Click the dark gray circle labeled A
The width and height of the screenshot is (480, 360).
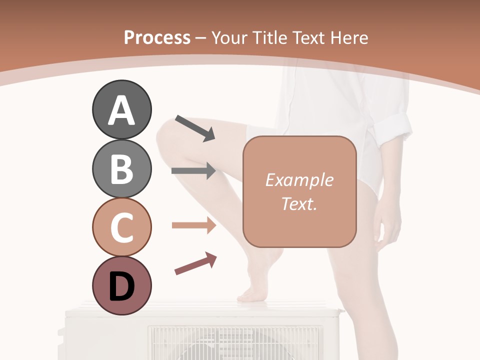coord(121,109)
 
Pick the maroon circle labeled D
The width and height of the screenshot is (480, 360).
coord(121,285)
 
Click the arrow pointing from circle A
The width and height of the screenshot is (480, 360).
coord(195,128)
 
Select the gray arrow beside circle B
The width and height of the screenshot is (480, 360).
coord(193,171)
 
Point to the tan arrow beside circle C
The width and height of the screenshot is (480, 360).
coord(193,225)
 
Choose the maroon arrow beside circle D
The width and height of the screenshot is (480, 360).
coord(195,263)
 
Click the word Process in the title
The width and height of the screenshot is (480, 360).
coord(157,37)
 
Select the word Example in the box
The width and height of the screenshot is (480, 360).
coord(299,180)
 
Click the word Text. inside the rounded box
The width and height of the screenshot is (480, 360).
coord(299,203)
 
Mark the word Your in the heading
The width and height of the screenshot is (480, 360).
coord(230,37)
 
